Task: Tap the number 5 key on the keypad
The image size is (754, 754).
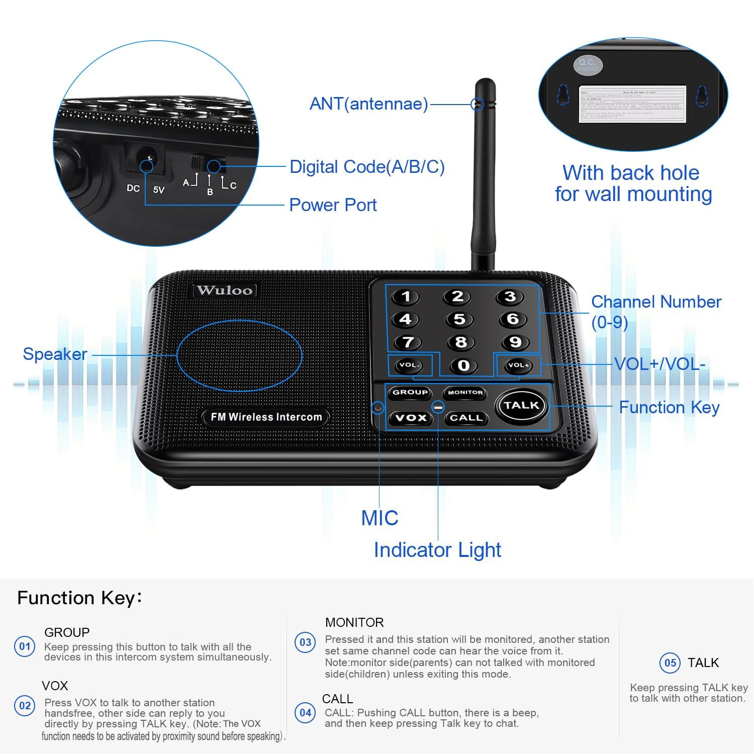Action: (x=459, y=319)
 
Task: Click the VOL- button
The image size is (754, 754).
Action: (x=409, y=365)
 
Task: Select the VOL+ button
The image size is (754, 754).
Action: (x=518, y=365)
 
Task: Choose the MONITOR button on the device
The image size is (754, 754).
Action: (x=465, y=393)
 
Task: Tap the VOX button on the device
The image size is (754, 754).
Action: (x=411, y=418)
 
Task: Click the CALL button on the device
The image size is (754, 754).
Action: (x=466, y=418)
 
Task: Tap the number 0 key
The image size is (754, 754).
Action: (x=463, y=365)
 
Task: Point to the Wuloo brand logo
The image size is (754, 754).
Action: (x=225, y=290)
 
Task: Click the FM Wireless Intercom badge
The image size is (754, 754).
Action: (x=266, y=417)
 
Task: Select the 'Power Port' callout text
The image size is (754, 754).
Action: (x=333, y=205)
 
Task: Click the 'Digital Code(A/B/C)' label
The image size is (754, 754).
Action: (x=367, y=167)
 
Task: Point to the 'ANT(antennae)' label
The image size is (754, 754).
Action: (x=368, y=104)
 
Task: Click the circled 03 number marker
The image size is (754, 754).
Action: (x=305, y=643)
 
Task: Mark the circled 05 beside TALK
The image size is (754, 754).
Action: (x=670, y=663)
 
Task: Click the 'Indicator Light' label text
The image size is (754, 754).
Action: (x=437, y=550)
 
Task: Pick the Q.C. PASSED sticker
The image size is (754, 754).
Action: (x=587, y=65)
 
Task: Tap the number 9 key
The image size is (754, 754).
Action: (x=515, y=342)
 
